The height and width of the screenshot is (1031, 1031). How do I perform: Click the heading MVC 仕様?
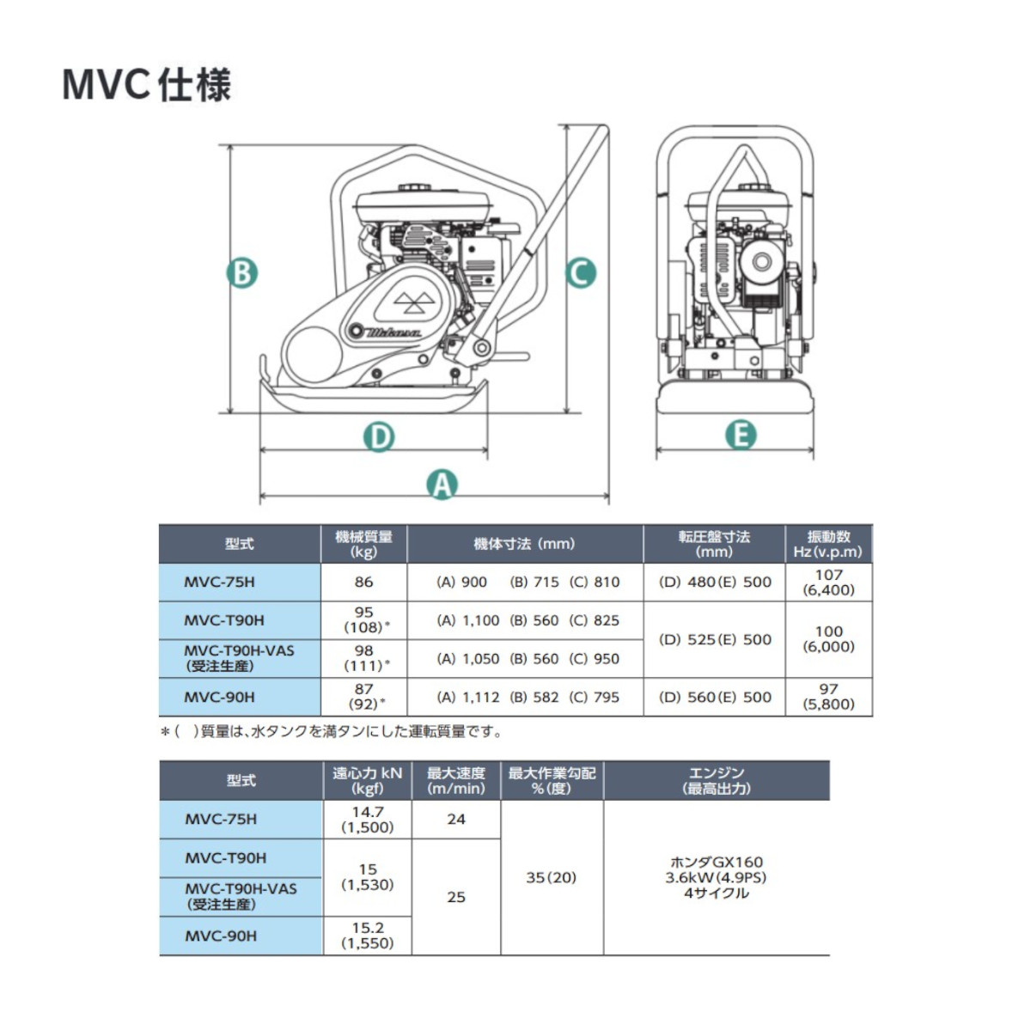tap(147, 85)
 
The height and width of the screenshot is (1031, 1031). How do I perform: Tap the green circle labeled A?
tap(442, 485)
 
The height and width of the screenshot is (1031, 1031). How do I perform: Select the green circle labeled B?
tap(241, 273)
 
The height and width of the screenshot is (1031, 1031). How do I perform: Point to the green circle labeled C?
tap(581, 273)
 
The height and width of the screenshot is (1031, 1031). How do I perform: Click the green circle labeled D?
tap(379, 436)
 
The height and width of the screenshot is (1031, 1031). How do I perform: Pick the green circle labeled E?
tap(740, 435)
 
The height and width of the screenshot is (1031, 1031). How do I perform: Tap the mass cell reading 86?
tap(363, 582)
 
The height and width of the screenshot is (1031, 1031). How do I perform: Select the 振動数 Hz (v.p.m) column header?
tap(828, 544)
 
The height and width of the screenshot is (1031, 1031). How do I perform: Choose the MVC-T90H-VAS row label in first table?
tap(239, 658)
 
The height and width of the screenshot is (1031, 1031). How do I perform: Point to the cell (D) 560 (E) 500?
tap(714, 697)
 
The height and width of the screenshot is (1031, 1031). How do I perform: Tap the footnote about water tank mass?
tap(332, 732)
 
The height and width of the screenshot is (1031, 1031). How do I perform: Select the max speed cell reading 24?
tap(456, 820)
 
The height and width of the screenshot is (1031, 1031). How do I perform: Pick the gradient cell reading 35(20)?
tap(551, 877)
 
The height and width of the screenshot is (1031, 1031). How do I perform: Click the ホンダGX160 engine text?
tap(716, 862)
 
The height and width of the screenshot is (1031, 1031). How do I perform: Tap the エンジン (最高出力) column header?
tap(716, 780)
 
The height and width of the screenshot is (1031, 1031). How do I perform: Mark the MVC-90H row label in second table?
tap(221, 936)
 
